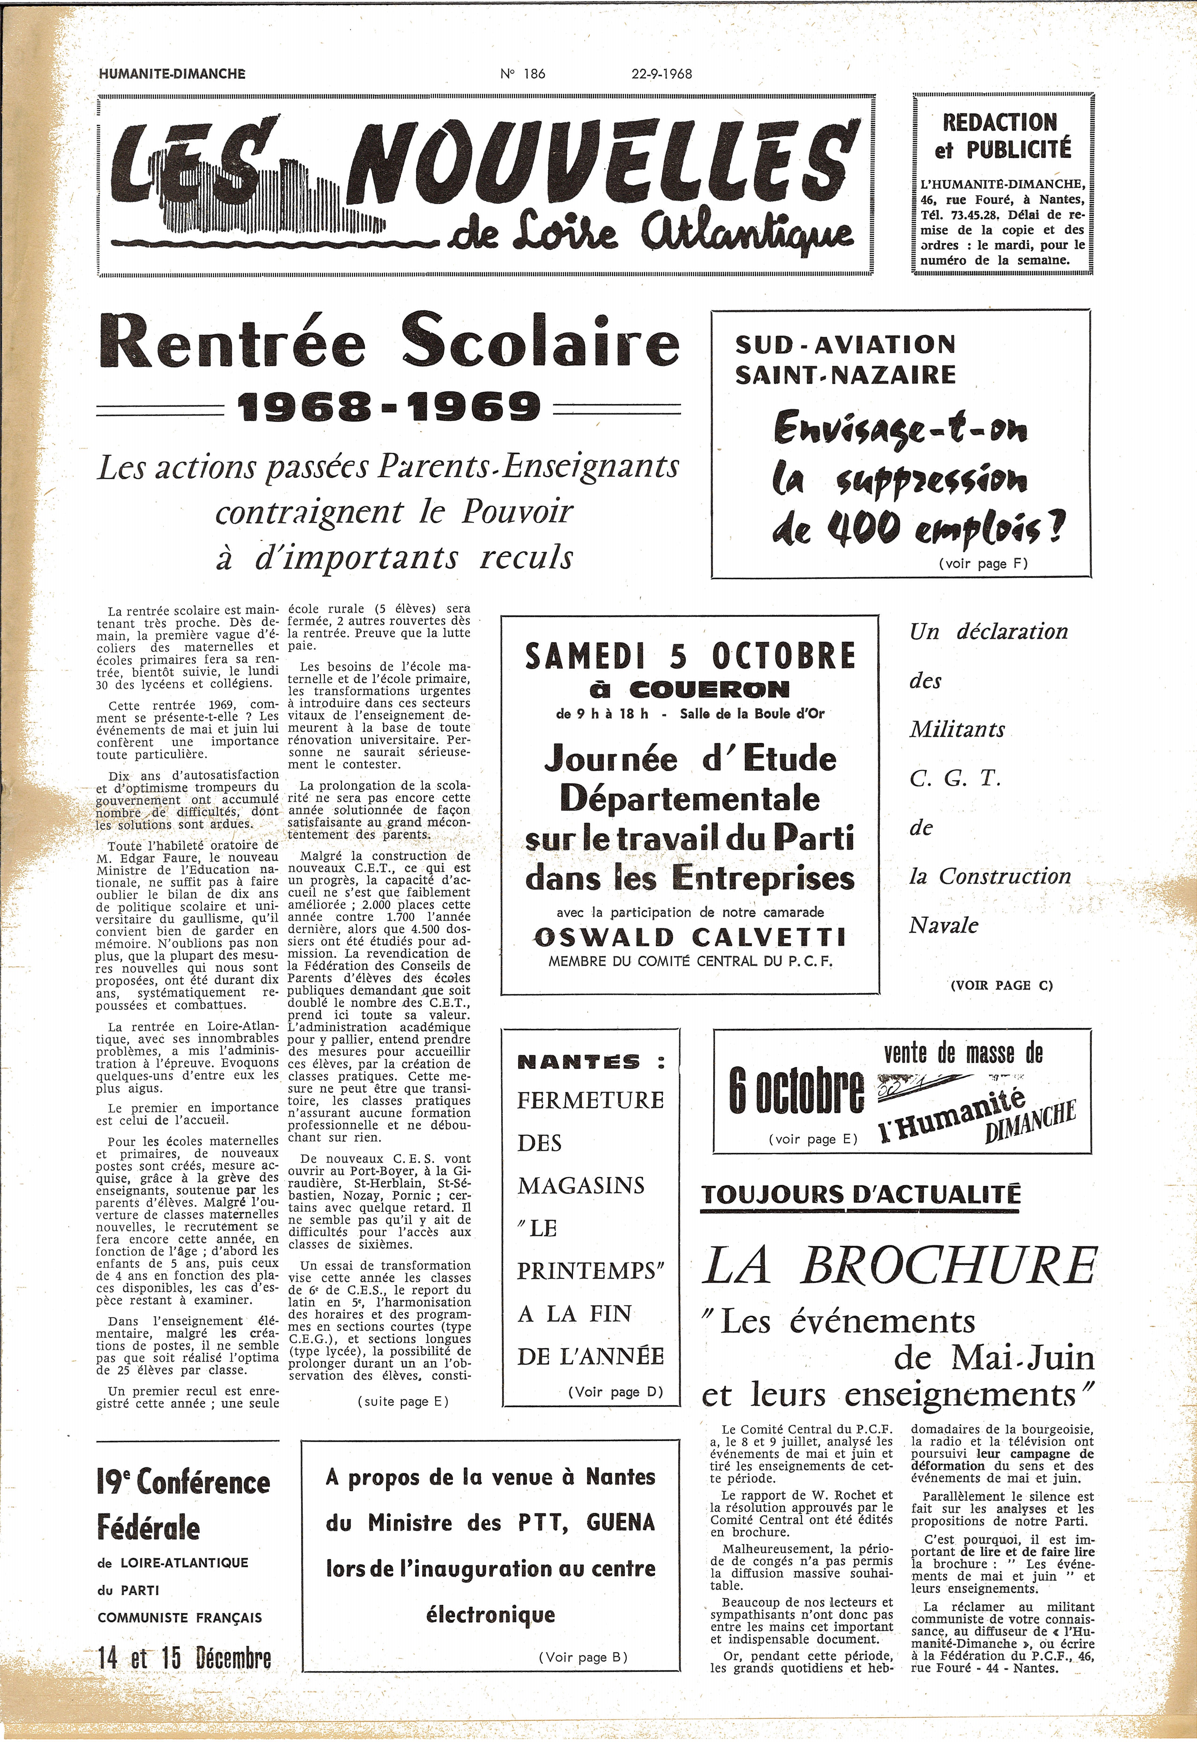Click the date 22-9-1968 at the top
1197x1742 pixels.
tap(661, 73)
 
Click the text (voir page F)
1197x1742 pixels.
tap(983, 563)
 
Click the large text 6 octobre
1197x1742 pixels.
tap(795, 1092)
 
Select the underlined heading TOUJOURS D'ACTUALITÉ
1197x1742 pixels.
tap(861, 1194)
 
